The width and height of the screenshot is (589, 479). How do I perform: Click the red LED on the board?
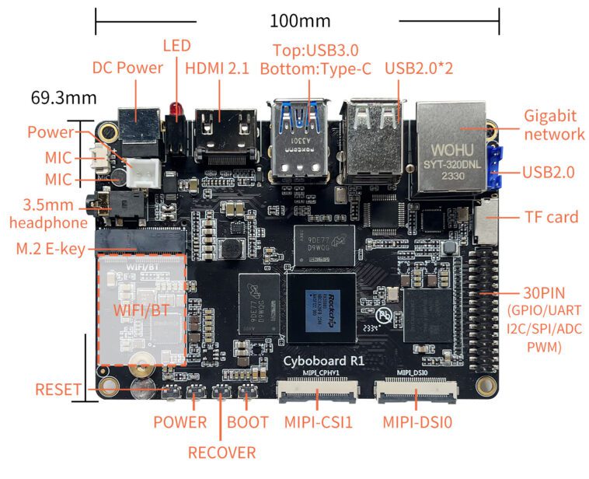pyautogui.click(x=177, y=116)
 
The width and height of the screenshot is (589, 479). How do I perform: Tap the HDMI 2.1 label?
pyautogui.click(x=217, y=68)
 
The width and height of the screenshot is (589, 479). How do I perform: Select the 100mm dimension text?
pyautogui.click(x=299, y=20)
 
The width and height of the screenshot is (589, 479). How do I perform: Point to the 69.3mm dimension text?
pyautogui.click(x=63, y=98)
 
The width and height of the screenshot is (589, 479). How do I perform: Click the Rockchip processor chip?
pyautogui.click(x=322, y=306)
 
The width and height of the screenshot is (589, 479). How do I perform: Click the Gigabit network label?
pyautogui.click(x=554, y=124)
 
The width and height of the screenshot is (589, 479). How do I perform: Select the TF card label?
pyautogui.click(x=551, y=216)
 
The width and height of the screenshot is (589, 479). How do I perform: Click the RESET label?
pyautogui.click(x=58, y=390)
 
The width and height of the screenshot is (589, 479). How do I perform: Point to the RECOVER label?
pyautogui.click(x=221, y=452)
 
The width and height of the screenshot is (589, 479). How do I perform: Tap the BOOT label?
pyautogui.click(x=248, y=422)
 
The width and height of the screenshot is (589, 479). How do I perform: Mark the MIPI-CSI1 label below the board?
pyautogui.click(x=318, y=422)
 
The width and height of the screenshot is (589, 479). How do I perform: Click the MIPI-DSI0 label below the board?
pyautogui.click(x=417, y=422)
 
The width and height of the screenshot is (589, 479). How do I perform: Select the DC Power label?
pyautogui.click(x=127, y=68)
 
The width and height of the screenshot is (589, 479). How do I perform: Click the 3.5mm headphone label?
pyautogui.click(x=48, y=214)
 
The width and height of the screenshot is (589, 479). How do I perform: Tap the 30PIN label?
pyautogui.click(x=544, y=294)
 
